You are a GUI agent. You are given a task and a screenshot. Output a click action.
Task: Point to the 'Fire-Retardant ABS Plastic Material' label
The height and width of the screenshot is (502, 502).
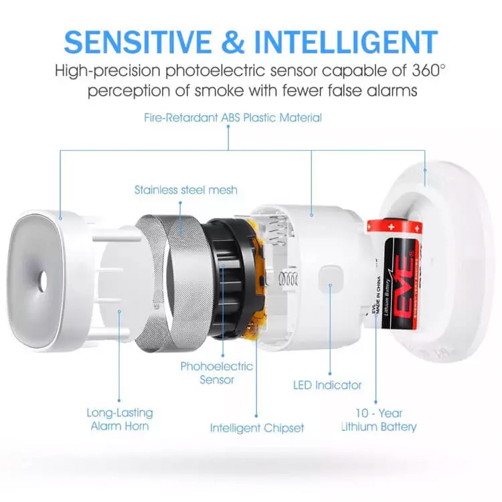[x=233, y=118]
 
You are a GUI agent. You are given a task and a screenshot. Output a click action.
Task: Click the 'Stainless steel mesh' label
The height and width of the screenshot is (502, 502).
[x=185, y=189]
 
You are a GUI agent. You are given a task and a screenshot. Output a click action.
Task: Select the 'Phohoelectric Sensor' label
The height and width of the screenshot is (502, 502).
[x=216, y=373]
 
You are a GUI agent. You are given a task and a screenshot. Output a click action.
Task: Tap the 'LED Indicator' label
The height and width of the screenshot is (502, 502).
[x=327, y=385]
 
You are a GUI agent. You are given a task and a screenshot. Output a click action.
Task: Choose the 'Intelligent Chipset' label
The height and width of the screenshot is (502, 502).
[x=256, y=428]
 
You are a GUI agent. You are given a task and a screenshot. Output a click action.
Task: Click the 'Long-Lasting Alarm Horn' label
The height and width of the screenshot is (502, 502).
[x=120, y=419]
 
